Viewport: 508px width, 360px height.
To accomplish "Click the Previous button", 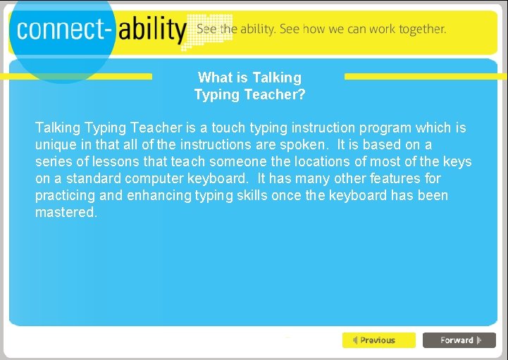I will click(378, 340).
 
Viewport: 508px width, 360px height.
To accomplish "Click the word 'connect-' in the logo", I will click(61, 30).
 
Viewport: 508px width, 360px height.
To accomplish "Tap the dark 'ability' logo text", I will click(151, 30).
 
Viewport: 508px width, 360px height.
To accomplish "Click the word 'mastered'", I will click(65, 212).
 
